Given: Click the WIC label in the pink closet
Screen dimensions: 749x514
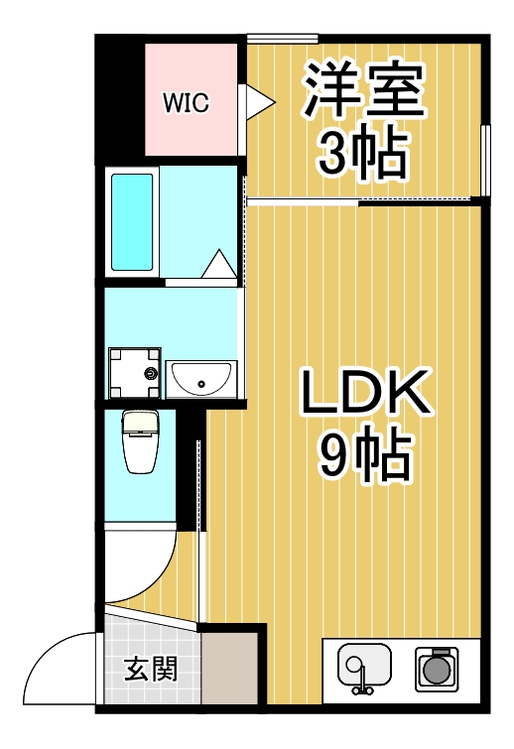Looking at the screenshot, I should (x=186, y=103).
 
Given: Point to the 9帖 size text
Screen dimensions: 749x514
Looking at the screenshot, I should (x=364, y=456).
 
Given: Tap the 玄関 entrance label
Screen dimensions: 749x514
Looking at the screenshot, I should (x=151, y=670).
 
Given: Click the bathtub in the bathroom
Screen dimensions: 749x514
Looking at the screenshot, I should (x=133, y=223).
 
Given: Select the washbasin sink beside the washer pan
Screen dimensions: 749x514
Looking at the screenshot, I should (x=200, y=379).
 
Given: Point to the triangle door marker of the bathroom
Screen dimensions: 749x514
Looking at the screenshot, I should (x=218, y=266).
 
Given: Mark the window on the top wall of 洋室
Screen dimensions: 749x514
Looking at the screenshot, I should (x=282, y=39).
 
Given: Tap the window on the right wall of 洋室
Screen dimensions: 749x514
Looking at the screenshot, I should (x=485, y=160).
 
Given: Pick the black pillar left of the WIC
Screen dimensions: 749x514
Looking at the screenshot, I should (x=119, y=99).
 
